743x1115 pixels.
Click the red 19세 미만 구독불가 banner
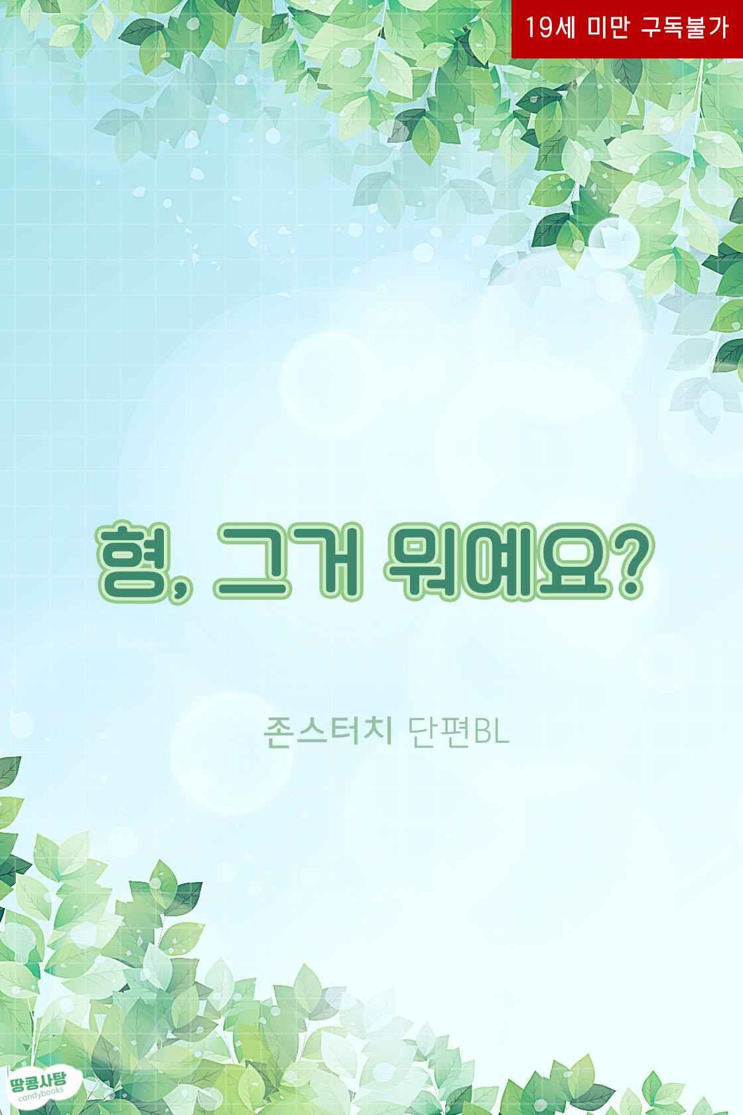click(x=627, y=29)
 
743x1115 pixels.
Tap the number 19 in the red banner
click(x=539, y=27)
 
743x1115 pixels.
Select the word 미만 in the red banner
click(x=608, y=27)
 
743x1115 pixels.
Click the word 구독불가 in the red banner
click(x=685, y=27)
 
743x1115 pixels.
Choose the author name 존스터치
click(x=328, y=731)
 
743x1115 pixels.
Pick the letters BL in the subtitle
click(x=491, y=732)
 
